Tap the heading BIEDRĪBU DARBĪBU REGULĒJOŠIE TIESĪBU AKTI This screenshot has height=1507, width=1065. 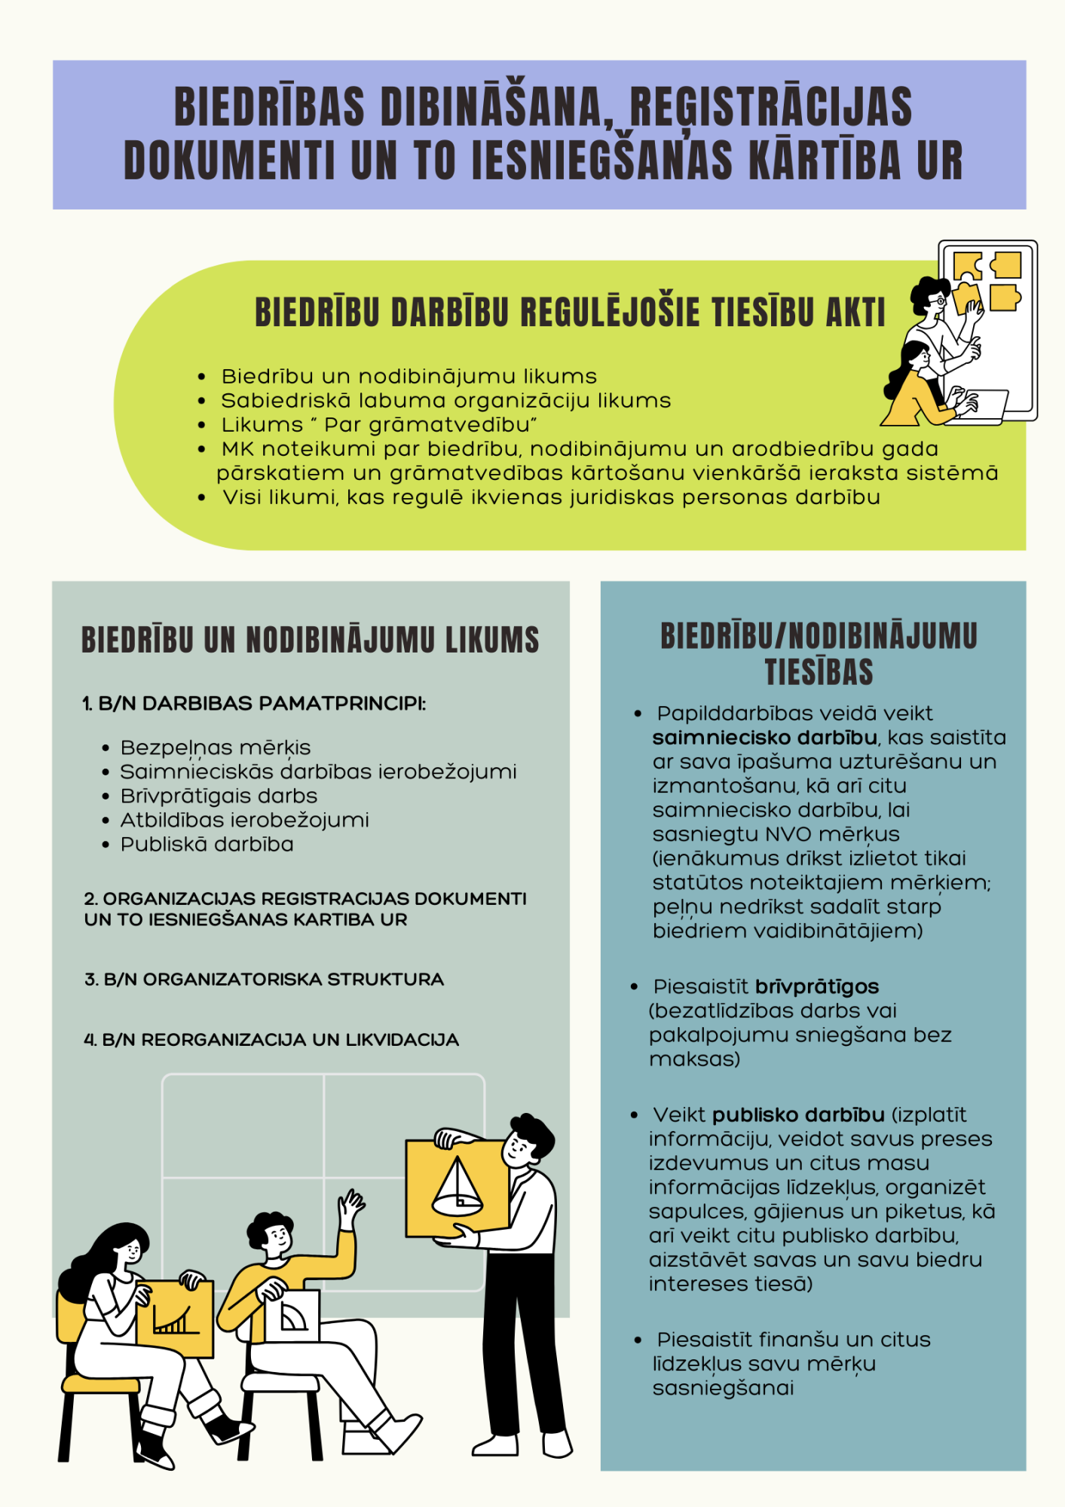(570, 313)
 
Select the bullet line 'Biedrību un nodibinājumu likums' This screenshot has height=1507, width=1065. (409, 377)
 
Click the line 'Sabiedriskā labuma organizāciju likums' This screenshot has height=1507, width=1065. (445, 401)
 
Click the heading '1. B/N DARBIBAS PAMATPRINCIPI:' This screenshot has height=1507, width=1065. (254, 704)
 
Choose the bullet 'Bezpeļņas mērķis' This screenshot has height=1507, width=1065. (216, 747)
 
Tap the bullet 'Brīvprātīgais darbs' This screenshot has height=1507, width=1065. (219, 796)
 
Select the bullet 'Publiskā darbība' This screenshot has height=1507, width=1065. (207, 844)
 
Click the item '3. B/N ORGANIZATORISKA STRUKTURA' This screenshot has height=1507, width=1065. (264, 980)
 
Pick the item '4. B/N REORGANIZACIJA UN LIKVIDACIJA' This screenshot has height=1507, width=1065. (271, 1040)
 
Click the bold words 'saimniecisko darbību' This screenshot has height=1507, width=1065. (764, 738)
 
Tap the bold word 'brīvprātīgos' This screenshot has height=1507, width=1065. (817, 987)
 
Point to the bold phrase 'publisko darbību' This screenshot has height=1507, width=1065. (798, 1115)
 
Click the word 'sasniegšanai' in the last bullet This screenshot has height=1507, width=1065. (723, 1388)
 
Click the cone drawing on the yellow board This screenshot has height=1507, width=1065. (457, 1188)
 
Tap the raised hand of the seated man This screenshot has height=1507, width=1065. (350, 1206)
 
